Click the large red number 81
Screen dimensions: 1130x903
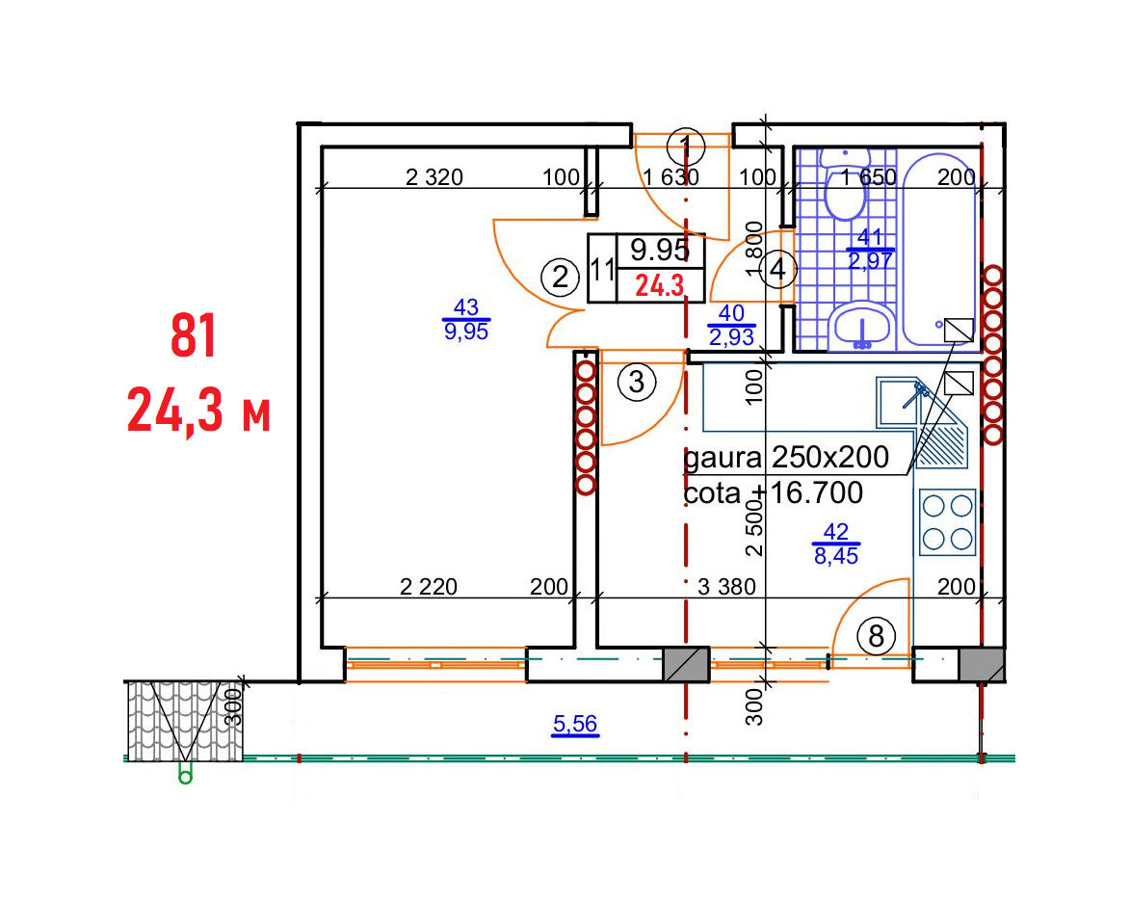pyautogui.click(x=194, y=335)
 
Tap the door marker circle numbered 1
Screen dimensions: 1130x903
pyautogui.click(x=685, y=147)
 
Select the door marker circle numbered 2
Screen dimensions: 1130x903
pyautogui.click(x=560, y=278)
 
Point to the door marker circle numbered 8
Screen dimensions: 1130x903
pyautogui.click(x=877, y=636)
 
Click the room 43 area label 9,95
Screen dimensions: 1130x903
pyautogui.click(x=466, y=332)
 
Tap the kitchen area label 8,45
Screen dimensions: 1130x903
pyautogui.click(x=836, y=556)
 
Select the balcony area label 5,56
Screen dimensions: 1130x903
pyautogui.click(x=575, y=723)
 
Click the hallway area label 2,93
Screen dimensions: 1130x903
pyautogui.click(x=731, y=336)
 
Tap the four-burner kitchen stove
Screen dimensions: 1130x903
pyautogui.click(x=947, y=522)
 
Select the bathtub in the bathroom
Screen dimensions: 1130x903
pyautogui.click(x=939, y=250)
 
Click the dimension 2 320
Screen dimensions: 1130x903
pyautogui.click(x=434, y=177)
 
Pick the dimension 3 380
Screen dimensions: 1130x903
pyautogui.click(x=726, y=587)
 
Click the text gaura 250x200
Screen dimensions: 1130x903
pyautogui.click(x=785, y=457)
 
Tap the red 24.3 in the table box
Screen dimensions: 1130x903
pyautogui.click(x=659, y=286)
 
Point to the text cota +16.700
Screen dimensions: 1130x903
pyautogui.click(x=773, y=492)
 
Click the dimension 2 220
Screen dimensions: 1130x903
pyautogui.click(x=428, y=587)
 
